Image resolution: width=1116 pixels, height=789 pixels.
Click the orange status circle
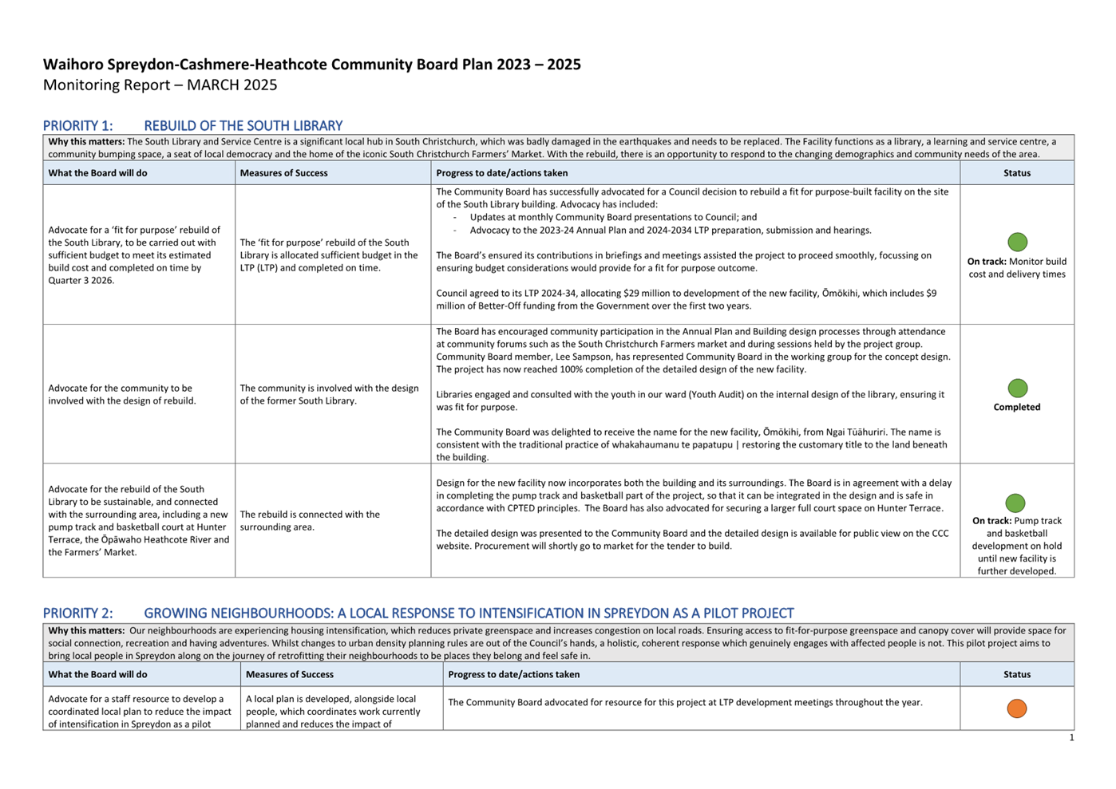coord(1016,708)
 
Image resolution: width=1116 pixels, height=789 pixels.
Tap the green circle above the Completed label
coord(1017,389)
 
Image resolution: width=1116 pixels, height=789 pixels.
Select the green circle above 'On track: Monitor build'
coord(1017,242)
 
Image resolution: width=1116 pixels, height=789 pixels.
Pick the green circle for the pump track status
coord(1015,503)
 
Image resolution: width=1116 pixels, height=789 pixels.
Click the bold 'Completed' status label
coord(1016,407)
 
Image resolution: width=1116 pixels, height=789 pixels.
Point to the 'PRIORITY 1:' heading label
coord(77,126)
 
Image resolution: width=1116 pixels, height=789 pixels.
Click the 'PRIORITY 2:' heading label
coord(77,613)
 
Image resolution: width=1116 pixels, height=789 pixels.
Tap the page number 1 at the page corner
coord(1071,738)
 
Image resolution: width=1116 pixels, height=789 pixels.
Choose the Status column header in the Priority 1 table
coord(1016,173)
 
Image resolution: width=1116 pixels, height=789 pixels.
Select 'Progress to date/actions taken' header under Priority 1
coord(501,173)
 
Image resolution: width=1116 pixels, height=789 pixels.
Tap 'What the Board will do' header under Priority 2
coord(97,675)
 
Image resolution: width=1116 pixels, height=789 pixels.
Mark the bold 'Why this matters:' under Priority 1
coord(86,142)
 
